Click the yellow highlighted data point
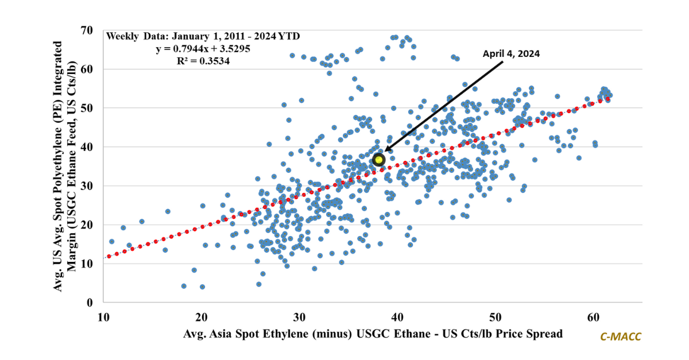click(378, 160)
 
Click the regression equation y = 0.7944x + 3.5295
click(203, 48)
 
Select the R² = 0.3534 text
click(203, 60)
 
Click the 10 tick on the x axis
click(103, 316)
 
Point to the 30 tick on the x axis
click(299, 316)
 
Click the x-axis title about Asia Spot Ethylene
click(373, 334)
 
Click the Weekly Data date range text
click(203, 36)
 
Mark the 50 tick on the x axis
click(495, 316)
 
